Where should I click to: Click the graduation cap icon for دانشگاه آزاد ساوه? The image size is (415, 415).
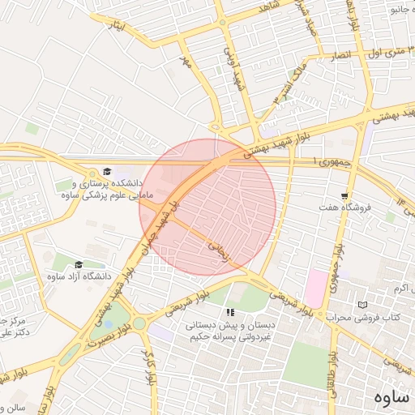coord(79,264)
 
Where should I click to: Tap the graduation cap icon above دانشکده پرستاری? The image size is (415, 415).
coord(107,171)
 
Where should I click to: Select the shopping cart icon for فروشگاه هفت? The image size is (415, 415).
coord(345,195)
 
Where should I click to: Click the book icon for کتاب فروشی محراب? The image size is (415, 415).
coord(362,304)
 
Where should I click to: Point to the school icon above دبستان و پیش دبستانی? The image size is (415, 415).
coord(231,311)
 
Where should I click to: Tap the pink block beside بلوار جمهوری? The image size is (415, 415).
coord(315,288)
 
